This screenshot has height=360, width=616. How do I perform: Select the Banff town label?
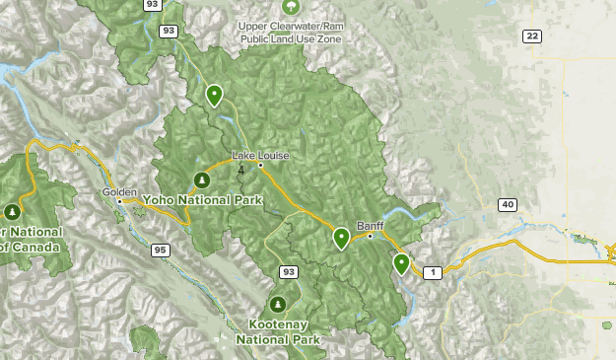370,225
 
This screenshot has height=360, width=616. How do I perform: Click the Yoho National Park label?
202,199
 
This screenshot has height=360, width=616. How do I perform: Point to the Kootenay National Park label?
279,330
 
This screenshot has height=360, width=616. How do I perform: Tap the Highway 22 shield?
532,36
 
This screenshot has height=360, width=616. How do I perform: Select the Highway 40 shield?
507,205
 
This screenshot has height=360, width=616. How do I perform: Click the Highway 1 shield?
432,271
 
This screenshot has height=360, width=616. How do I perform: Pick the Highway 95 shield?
160,251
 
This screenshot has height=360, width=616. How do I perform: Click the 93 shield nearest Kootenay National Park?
289,271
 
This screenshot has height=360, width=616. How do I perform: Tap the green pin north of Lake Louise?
214,95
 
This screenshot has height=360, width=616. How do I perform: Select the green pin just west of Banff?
341,237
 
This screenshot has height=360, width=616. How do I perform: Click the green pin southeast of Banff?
401,262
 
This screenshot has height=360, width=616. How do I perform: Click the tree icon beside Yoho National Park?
202,180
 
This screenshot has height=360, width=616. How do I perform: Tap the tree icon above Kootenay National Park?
279,304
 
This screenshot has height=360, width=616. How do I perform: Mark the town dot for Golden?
119,201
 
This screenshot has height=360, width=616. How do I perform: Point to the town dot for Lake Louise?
260,165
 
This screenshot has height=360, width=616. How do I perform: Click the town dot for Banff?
370,236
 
